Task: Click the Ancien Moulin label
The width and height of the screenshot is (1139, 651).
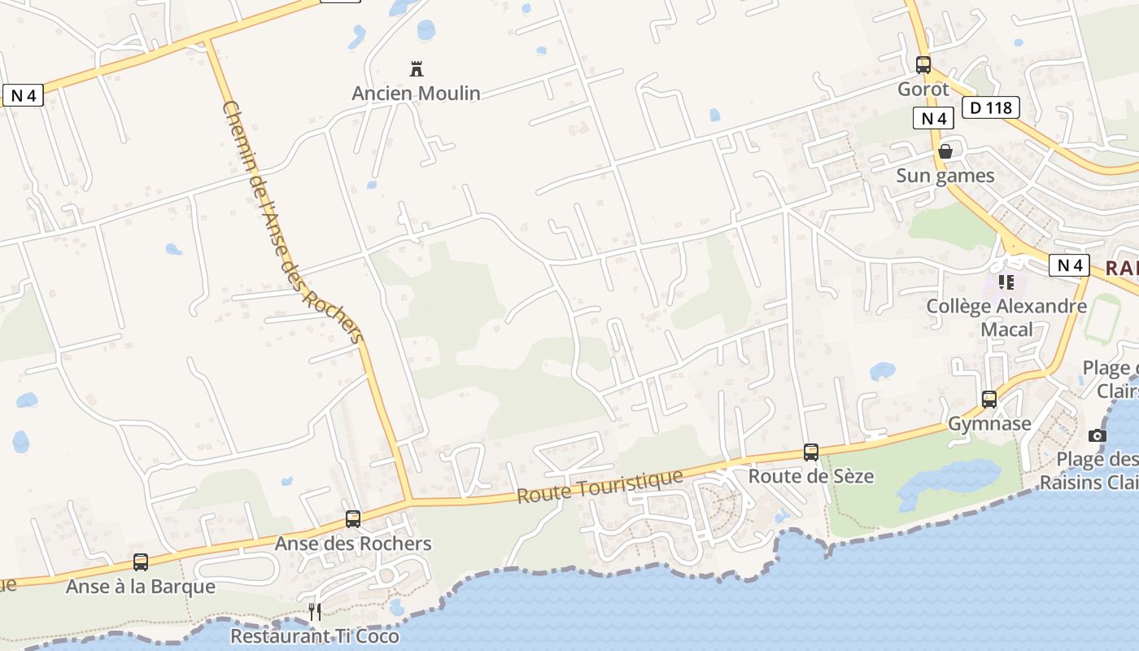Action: pyautogui.click(x=416, y=94)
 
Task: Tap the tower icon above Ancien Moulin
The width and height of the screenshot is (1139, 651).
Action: pyautogui.click(x=417, y=69)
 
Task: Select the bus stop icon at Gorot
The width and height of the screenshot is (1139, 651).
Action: pyautogui.click(x=923, y=65)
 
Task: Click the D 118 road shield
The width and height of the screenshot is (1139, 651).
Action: pyautogui.click(x=990, y=107)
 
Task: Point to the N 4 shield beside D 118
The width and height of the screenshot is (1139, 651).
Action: pyautogui.click(x=933, y=119)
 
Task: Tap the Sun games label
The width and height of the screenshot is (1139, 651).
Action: pyautogui.click(x=945, y=176)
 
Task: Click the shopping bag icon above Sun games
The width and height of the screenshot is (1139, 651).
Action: pyautogui.click(x=945, y=151)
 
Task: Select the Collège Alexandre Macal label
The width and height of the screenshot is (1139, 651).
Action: pyautogui.click(x=1006, y=317)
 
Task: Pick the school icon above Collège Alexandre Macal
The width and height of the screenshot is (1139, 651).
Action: pyautogui.click(x=1006, y=282)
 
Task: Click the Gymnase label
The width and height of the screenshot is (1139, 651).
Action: pyautogui.click(x=989, y=424)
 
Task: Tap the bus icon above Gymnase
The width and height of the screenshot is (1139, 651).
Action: pyautogui.click(x=989, y=400)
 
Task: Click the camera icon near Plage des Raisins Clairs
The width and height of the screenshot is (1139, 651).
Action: pyautogui.click(x=1098, y=435)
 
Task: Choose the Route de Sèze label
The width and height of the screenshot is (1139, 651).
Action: pyautogui.click(x=810, y=476)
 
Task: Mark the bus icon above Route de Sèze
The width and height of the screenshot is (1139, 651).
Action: pyautogui.click(x=811, y=452)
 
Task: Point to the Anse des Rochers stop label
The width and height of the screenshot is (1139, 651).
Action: pyautogui.click(x=353, y=544)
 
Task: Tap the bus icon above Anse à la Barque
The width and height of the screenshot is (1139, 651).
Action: pyautogui.click(x=141, y=562)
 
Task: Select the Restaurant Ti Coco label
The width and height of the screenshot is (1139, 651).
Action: pyautogui.click(x=314, y=636)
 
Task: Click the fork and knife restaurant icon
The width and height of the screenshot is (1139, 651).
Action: pyautogui.click(x=315, y=611)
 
